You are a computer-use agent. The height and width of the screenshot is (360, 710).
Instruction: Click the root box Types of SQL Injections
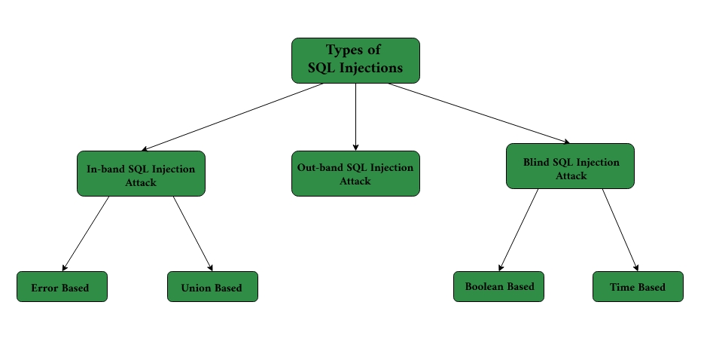(355, 60)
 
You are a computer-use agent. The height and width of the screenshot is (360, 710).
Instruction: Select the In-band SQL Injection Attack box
(141, 174)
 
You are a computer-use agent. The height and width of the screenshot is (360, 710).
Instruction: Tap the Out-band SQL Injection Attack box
(355, 174)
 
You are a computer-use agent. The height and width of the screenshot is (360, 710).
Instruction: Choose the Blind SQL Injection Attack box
(570, 166)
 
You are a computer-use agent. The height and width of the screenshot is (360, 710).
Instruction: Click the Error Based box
(62, 287)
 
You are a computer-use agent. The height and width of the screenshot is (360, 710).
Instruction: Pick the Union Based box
(212, 287)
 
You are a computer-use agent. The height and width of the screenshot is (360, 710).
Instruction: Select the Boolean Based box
(498, 286)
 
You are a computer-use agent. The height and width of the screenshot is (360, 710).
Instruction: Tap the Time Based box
(638, 286)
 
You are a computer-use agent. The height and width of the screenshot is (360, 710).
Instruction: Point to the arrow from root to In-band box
(233, 117)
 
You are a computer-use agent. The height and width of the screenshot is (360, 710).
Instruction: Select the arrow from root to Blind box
(478, 112)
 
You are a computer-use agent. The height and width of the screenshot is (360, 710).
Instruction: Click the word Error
(44, 288)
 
